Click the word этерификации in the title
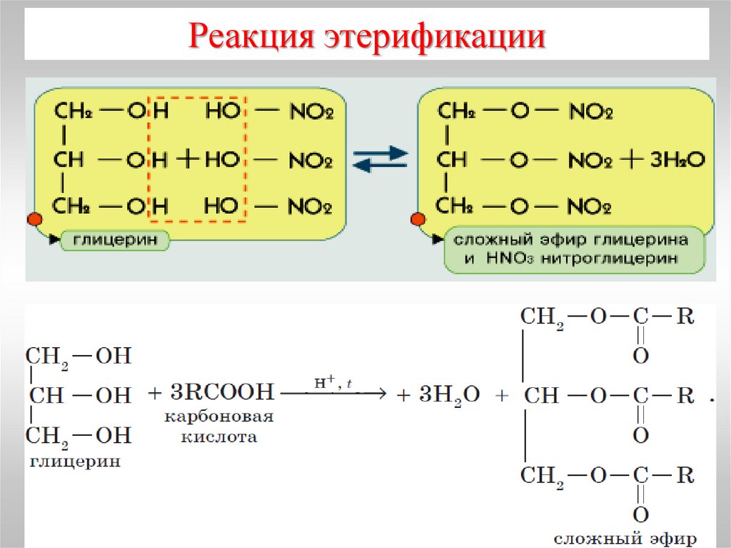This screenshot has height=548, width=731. tap(434, 38)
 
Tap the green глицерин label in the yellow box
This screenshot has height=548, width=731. tap(115, 239)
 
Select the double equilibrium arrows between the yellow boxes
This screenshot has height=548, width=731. tap(380, 159)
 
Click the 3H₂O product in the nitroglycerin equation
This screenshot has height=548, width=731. tap(676, 159)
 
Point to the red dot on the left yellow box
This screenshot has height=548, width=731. tap(33, 220)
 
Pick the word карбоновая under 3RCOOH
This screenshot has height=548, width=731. tap(218, 416)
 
